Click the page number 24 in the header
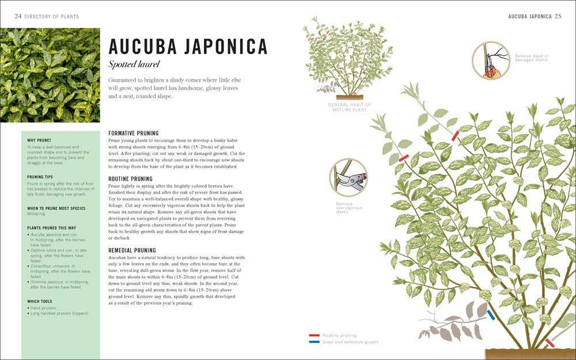[x=18, y=17]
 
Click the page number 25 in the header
[x=558, y=17]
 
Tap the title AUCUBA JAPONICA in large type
[x=188, y=46]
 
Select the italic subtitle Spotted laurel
[x=134, y=64]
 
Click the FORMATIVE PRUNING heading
[x=133, y=133]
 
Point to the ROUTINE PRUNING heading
[x=130, y=179]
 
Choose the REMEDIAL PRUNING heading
[x=132, y=250]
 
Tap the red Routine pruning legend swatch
[x=314, y=335]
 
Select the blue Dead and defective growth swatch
[x=314, y=342]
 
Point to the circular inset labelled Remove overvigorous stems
[x=348, y=178]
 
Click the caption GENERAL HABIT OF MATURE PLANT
[x=350, y=107]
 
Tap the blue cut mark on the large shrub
[x=491, y=314]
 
